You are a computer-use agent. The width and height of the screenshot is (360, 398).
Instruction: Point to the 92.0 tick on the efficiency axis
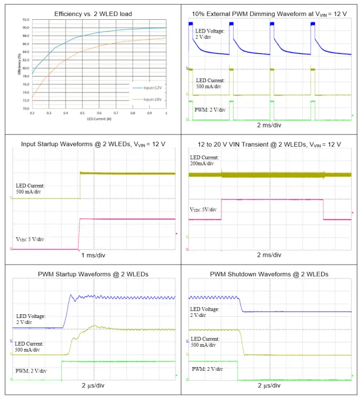[26, 20]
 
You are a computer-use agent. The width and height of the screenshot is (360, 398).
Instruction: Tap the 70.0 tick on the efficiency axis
[26, 108]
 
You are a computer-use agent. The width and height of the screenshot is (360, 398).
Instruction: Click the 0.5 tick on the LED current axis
[82, 113]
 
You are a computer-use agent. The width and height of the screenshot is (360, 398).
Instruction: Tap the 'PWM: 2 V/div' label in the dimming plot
[210, 110]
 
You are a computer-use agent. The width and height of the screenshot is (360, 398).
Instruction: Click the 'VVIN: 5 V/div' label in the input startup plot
[30, 239]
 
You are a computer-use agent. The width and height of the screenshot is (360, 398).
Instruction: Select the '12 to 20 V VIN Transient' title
[270, 144]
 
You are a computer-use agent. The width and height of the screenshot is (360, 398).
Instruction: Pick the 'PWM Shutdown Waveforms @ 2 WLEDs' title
[270, 274]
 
